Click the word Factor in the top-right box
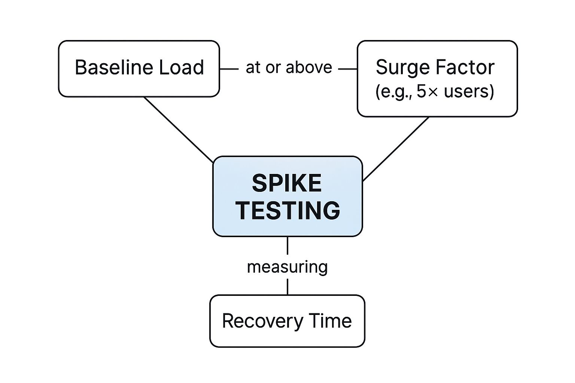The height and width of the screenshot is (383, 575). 465,68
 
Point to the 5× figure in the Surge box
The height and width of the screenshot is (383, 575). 427,91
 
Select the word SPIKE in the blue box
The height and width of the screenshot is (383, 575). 287,183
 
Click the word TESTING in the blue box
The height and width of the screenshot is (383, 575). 287,210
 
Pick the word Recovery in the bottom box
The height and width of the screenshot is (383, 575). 262,321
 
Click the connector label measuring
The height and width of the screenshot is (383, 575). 287,267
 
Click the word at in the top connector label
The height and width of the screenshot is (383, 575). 253,68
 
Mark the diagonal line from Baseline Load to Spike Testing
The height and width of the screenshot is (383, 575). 179,130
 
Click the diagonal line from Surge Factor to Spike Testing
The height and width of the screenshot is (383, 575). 396,149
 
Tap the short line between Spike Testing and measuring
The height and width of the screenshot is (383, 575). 287,246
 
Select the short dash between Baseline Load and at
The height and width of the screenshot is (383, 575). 229,69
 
